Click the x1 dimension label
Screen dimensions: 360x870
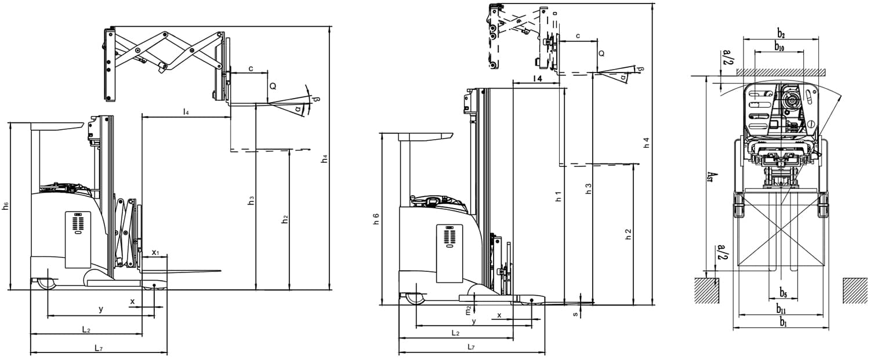coord(155,253)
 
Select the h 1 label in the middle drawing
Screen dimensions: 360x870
coord(558,197)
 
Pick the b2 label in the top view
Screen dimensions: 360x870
coord(781,34)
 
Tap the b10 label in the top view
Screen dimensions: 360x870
coord(779,47)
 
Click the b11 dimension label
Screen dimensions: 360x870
coord(782,307)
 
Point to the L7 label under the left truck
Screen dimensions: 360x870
coord(99,348)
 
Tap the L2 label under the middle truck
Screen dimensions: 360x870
coord(455,333)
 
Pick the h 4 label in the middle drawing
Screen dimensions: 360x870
coord(647,143)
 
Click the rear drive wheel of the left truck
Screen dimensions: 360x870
coord(45,283)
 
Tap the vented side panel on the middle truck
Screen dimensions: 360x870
coord(449,237)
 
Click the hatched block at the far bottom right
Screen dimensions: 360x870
coord(854,290)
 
